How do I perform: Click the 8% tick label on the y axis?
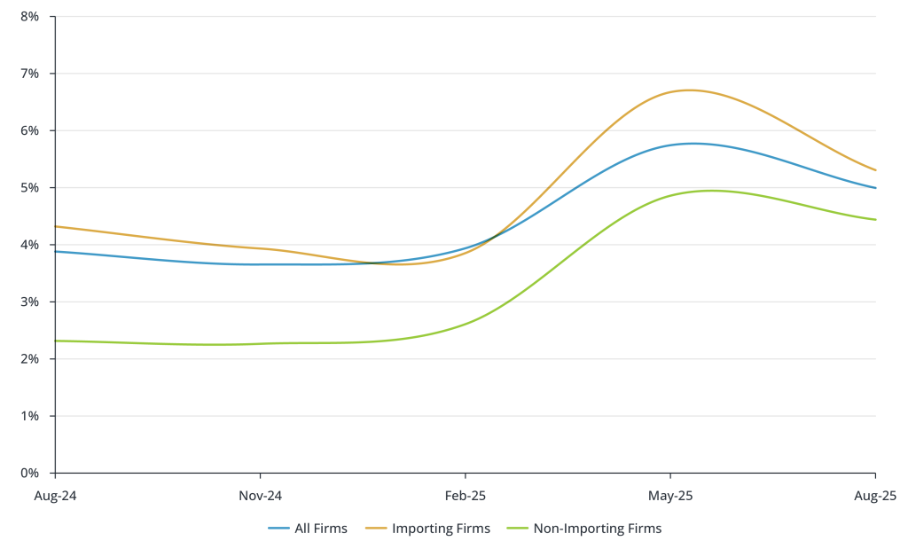(30, 17)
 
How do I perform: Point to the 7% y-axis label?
(30, 74)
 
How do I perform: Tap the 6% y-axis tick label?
(30, 130)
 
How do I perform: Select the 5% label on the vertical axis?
(30, 188)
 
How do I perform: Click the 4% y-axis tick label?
(30, 245)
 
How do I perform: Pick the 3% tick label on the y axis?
(30, 302)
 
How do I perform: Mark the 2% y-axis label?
(30, 359)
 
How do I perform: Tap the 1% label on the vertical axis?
(30, 416)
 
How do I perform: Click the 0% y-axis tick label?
(30, 473)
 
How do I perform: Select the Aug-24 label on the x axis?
(55, 495)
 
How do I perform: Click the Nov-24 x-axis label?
(260, 495)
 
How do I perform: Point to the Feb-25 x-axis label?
(466, 495)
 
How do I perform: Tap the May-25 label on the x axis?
(670, 495)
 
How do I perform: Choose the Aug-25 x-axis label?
(875, 495)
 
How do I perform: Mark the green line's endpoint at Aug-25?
(875, 220)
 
